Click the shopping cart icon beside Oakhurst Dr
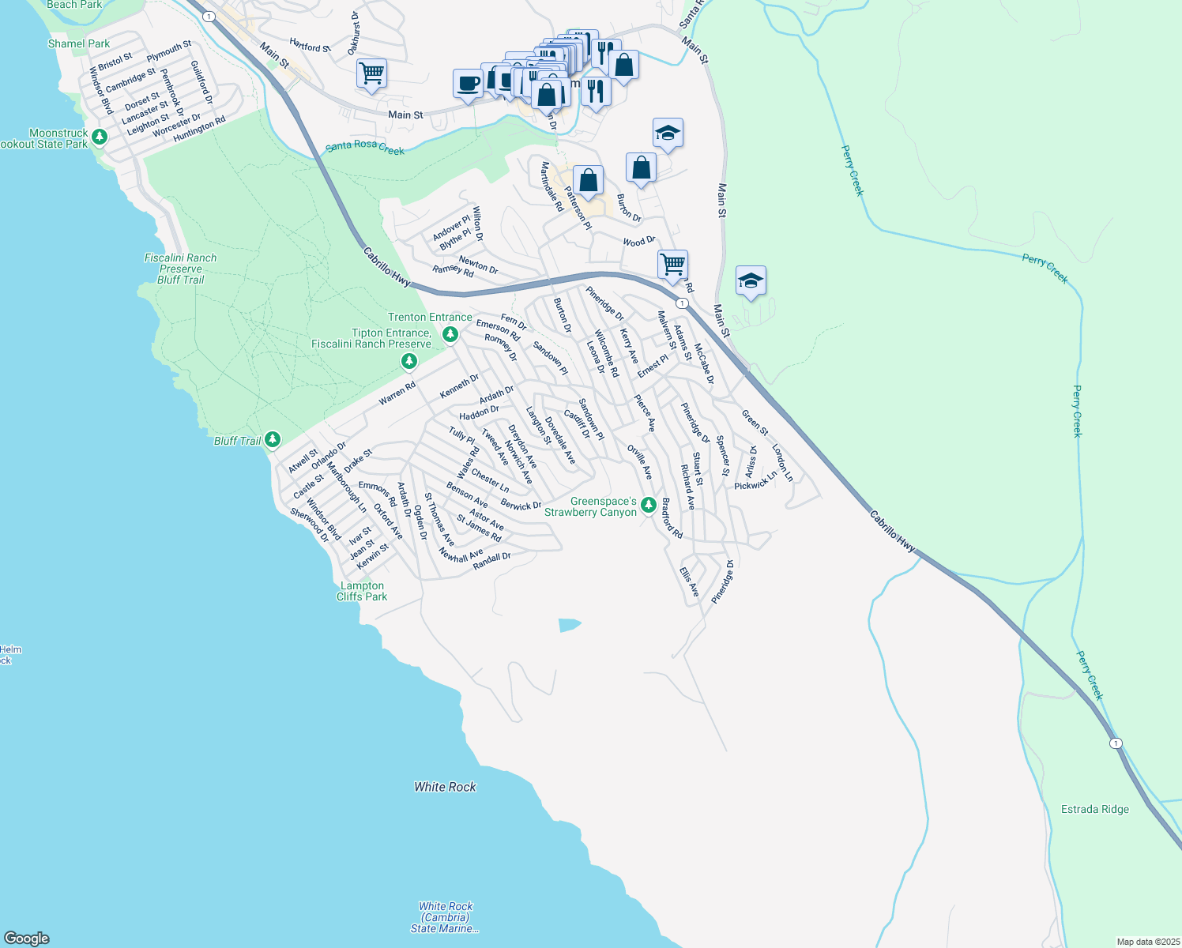coord(371,73)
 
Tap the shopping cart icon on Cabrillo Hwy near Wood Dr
coord(672,264)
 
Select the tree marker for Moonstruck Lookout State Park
coord(99,137)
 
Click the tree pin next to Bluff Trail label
coord(273,439)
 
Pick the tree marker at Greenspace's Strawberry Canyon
coord(648,505)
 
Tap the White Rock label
coord(445,787)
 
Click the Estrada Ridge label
coord(1094,809)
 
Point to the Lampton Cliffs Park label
coord(362,591)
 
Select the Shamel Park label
coord(79,43)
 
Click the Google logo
coord(26,939)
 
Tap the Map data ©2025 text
coord(1146,942)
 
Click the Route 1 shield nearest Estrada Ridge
coord(1115,743)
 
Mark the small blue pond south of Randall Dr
coord(569,625)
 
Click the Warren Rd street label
coord(397,393)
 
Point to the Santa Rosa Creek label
coord(365,148)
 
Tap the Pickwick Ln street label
coord(755,481)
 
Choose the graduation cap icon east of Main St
coord(750,280)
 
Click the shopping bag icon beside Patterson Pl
coord(588,181)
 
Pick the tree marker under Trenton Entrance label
coord(450,335)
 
